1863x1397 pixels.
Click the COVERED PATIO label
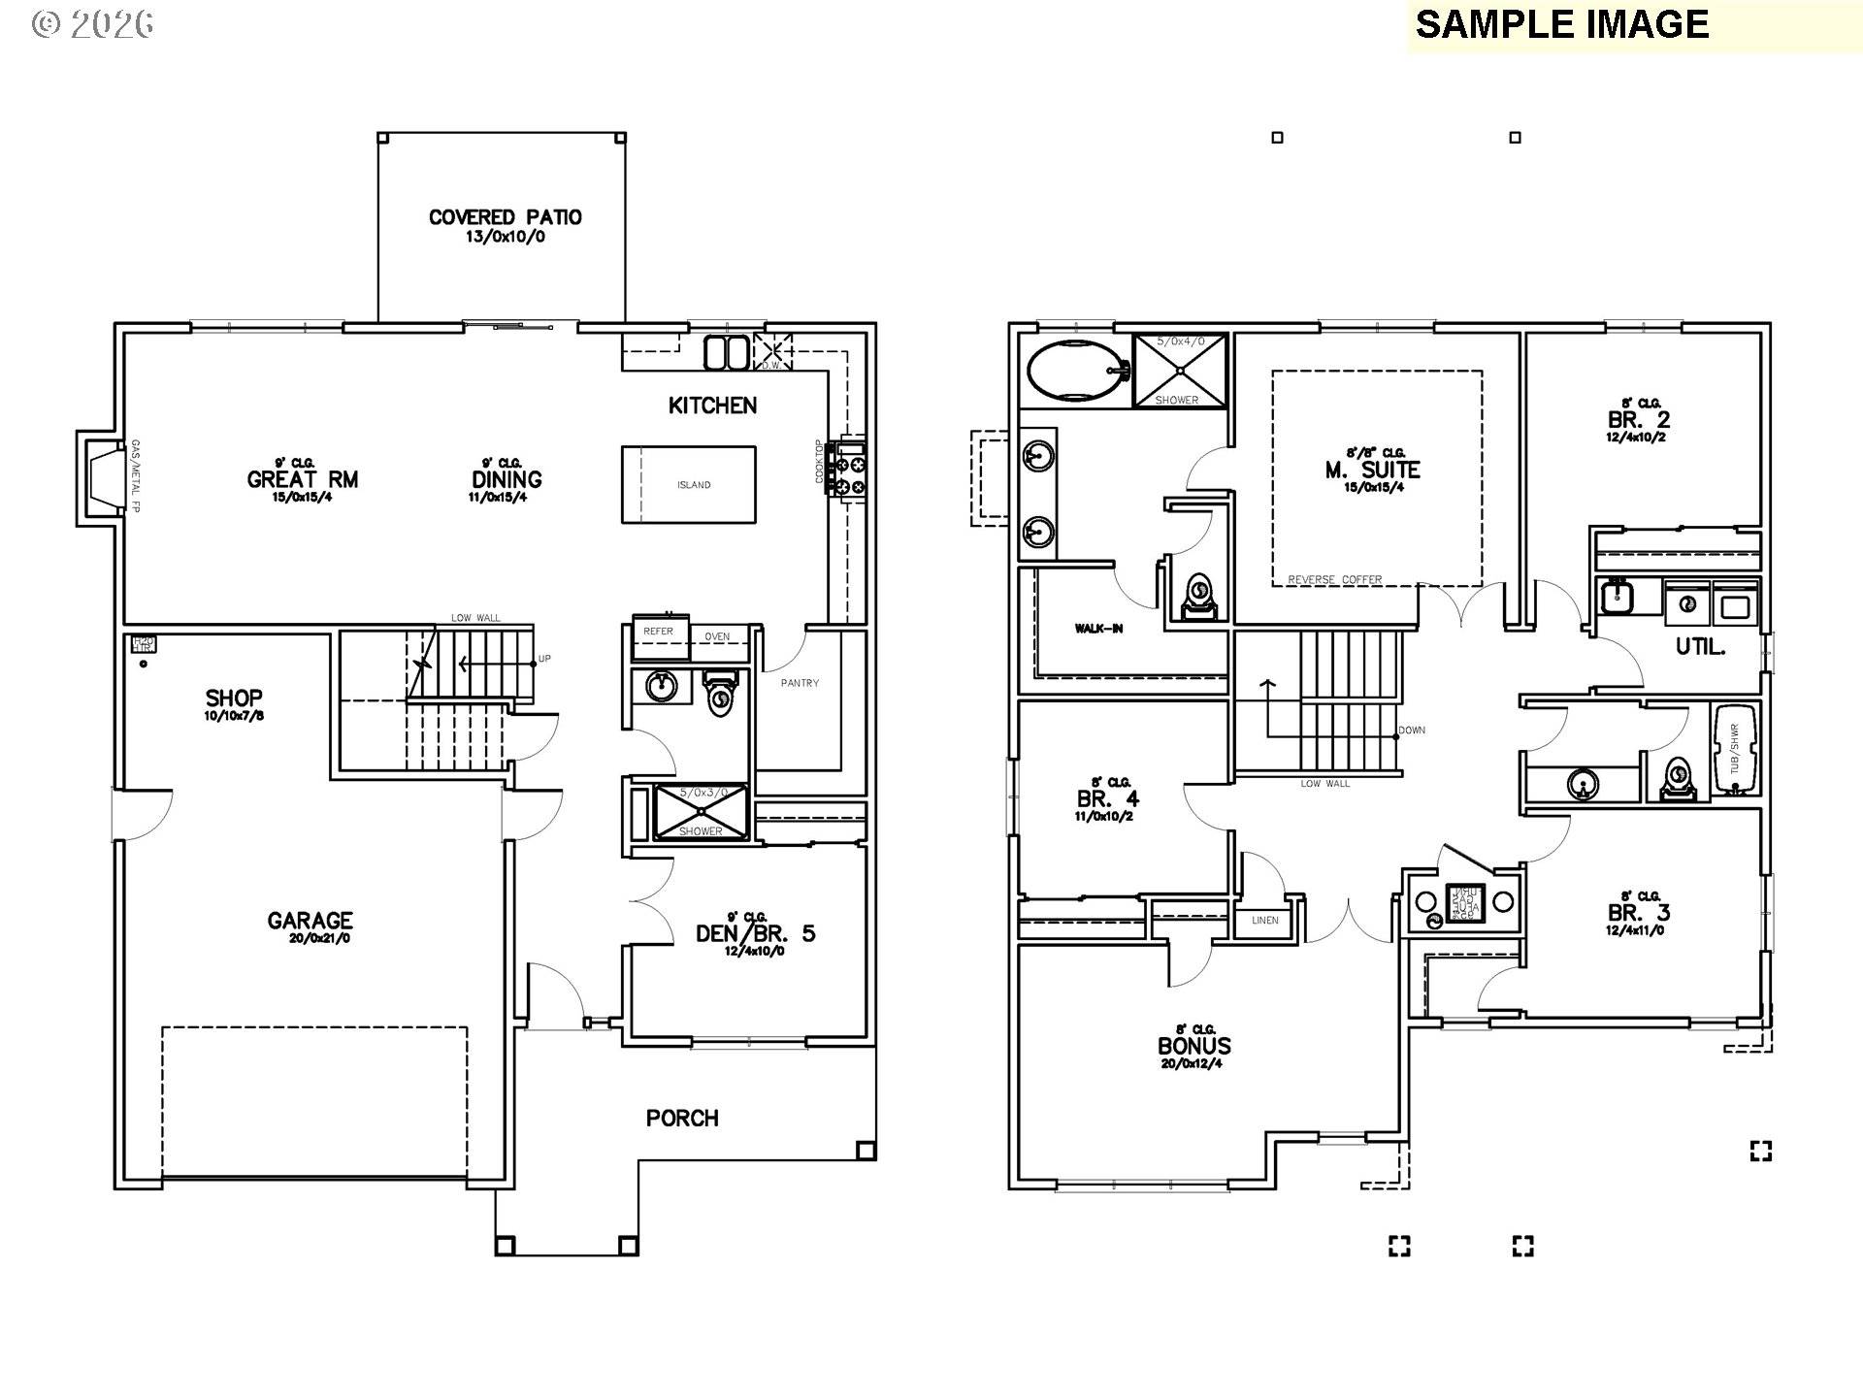506,217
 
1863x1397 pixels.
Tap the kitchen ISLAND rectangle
689,484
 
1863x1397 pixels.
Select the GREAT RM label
303,479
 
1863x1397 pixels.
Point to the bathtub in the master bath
1074,370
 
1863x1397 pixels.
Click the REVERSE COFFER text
1334,580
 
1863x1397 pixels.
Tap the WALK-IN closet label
1098,629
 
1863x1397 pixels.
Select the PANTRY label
800,683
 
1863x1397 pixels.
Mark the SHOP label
234,698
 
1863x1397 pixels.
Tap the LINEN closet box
1264,920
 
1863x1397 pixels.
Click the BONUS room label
1194,1046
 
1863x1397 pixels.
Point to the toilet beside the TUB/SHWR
1677,778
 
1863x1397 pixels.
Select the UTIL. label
1700,647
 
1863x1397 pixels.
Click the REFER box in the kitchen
659,632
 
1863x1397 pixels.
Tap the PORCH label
682,1119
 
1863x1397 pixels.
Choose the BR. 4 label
1108,799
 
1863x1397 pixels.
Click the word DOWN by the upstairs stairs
1412,731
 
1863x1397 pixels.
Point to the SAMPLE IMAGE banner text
1561,24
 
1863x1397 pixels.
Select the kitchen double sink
726,352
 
